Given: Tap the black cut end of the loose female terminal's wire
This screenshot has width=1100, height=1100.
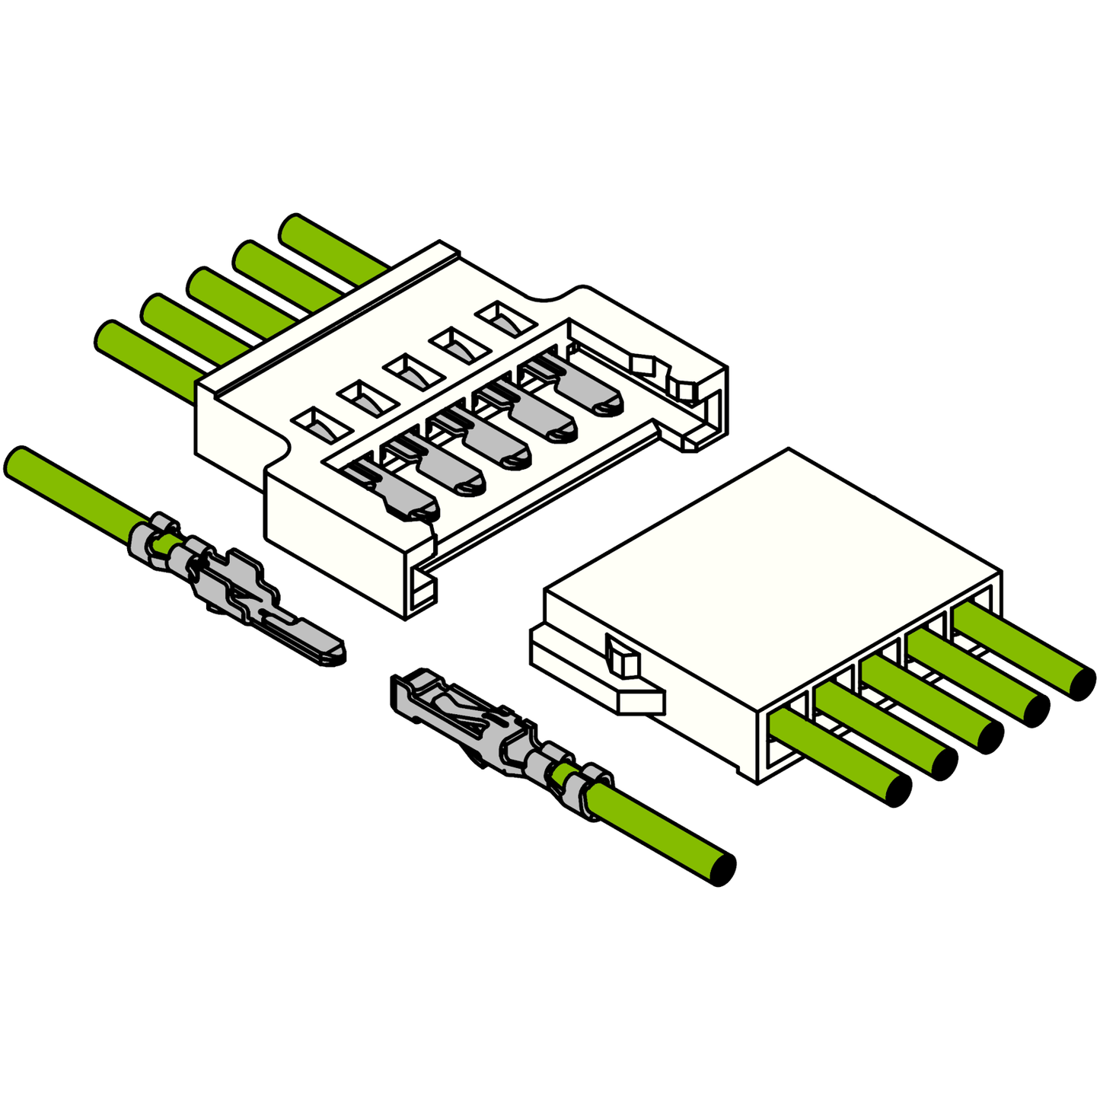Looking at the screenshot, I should click(724, 869).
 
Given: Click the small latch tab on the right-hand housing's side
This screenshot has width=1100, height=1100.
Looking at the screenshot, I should click(623, 656).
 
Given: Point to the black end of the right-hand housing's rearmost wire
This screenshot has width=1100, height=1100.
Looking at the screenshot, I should click(1082, 683).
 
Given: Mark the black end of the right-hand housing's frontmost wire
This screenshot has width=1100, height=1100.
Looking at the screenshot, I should click(899, 790).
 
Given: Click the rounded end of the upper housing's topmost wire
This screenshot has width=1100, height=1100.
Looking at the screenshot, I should click(293, 228).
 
